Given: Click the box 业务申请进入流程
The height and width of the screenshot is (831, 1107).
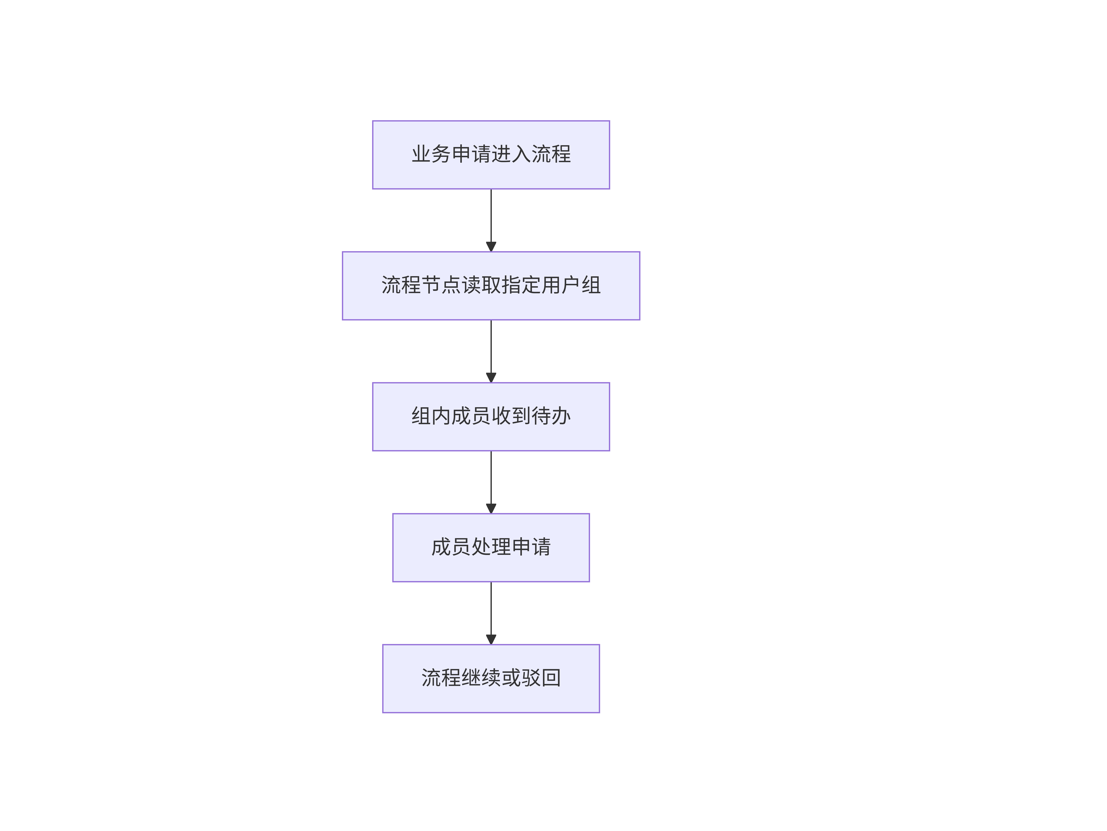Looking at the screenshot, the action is [491, 155].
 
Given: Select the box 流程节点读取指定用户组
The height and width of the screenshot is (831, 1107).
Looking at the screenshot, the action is [491, 286].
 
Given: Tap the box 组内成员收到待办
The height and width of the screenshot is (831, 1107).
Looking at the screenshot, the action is [491, 417].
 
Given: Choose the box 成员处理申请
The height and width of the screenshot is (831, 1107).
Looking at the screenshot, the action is [491, 547].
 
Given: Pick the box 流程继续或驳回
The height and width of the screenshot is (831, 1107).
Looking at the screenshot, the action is [491, 678].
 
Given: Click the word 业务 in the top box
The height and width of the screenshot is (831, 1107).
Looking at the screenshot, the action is [431, 154].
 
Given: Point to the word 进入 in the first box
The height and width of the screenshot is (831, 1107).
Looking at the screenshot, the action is [511, 154].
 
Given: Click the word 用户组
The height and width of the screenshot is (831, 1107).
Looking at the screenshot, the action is [571, 285].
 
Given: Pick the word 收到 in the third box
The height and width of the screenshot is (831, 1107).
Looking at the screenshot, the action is [511, 416].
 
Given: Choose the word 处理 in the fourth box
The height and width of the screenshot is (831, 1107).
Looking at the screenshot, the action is [491, 547].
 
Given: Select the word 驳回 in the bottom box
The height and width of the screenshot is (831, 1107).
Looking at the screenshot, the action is [541, 678].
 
